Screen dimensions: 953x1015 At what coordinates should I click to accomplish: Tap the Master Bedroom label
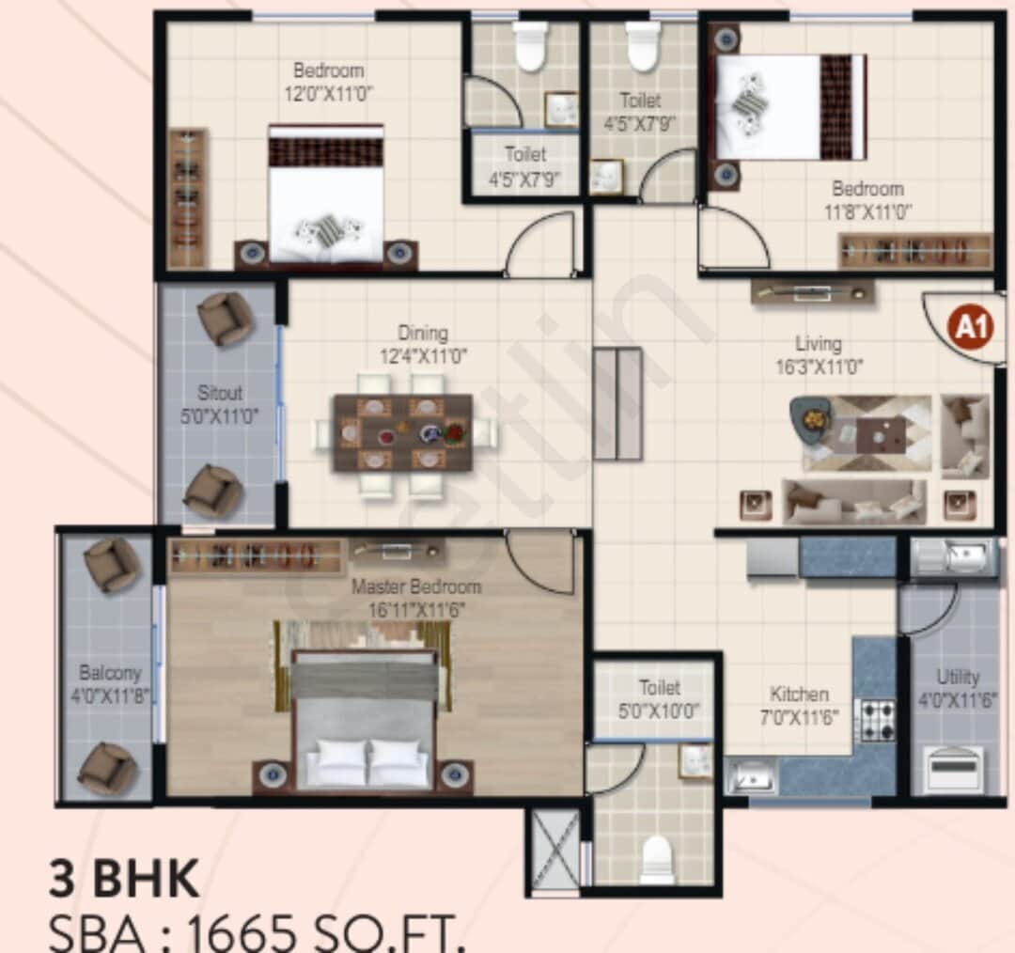(415, 587)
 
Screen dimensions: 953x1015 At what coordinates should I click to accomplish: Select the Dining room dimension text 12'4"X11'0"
(422, 355)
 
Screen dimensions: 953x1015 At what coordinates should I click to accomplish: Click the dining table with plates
(402, 433)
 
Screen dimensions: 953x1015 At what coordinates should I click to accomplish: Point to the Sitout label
(219, 393)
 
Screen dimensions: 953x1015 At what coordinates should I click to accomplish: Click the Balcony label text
(109, 673)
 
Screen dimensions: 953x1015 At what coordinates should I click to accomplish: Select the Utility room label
(958, 677)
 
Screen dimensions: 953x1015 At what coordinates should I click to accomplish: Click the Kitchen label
(799, 695)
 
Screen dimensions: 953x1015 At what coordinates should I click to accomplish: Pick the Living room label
(818, 344)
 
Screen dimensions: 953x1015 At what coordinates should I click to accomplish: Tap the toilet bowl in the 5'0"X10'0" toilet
(656, 857)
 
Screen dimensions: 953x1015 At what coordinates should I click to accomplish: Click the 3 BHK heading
(124, 880)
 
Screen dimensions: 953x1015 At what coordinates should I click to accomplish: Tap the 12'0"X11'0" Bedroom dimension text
(328, 92)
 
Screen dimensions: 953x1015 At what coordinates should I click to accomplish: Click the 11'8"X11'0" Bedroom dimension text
(867, 211)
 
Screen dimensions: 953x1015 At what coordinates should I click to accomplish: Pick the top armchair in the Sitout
(226, 318)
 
